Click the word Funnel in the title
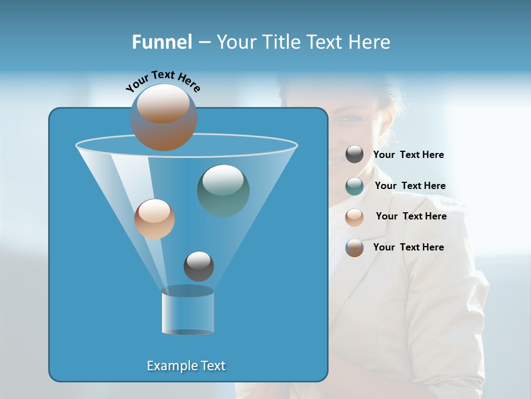(162, 42)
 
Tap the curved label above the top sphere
(163, 80)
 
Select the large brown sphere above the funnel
(164, 117)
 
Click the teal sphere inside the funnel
(223, 190)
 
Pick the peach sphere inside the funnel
(154, 219)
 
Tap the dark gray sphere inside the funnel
(199, 266)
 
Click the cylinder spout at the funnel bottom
(188, 310)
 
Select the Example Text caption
(186, 366)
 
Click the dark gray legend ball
(355, 155)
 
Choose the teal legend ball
(355, 186)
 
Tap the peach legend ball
(355, 217)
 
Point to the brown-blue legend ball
(355, 248)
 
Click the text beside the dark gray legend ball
(408, 155)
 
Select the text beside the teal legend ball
(410, 186)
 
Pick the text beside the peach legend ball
(411, 217)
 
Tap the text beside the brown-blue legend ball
(408, 248)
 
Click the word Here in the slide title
(368, 42)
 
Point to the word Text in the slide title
(323, 42)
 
